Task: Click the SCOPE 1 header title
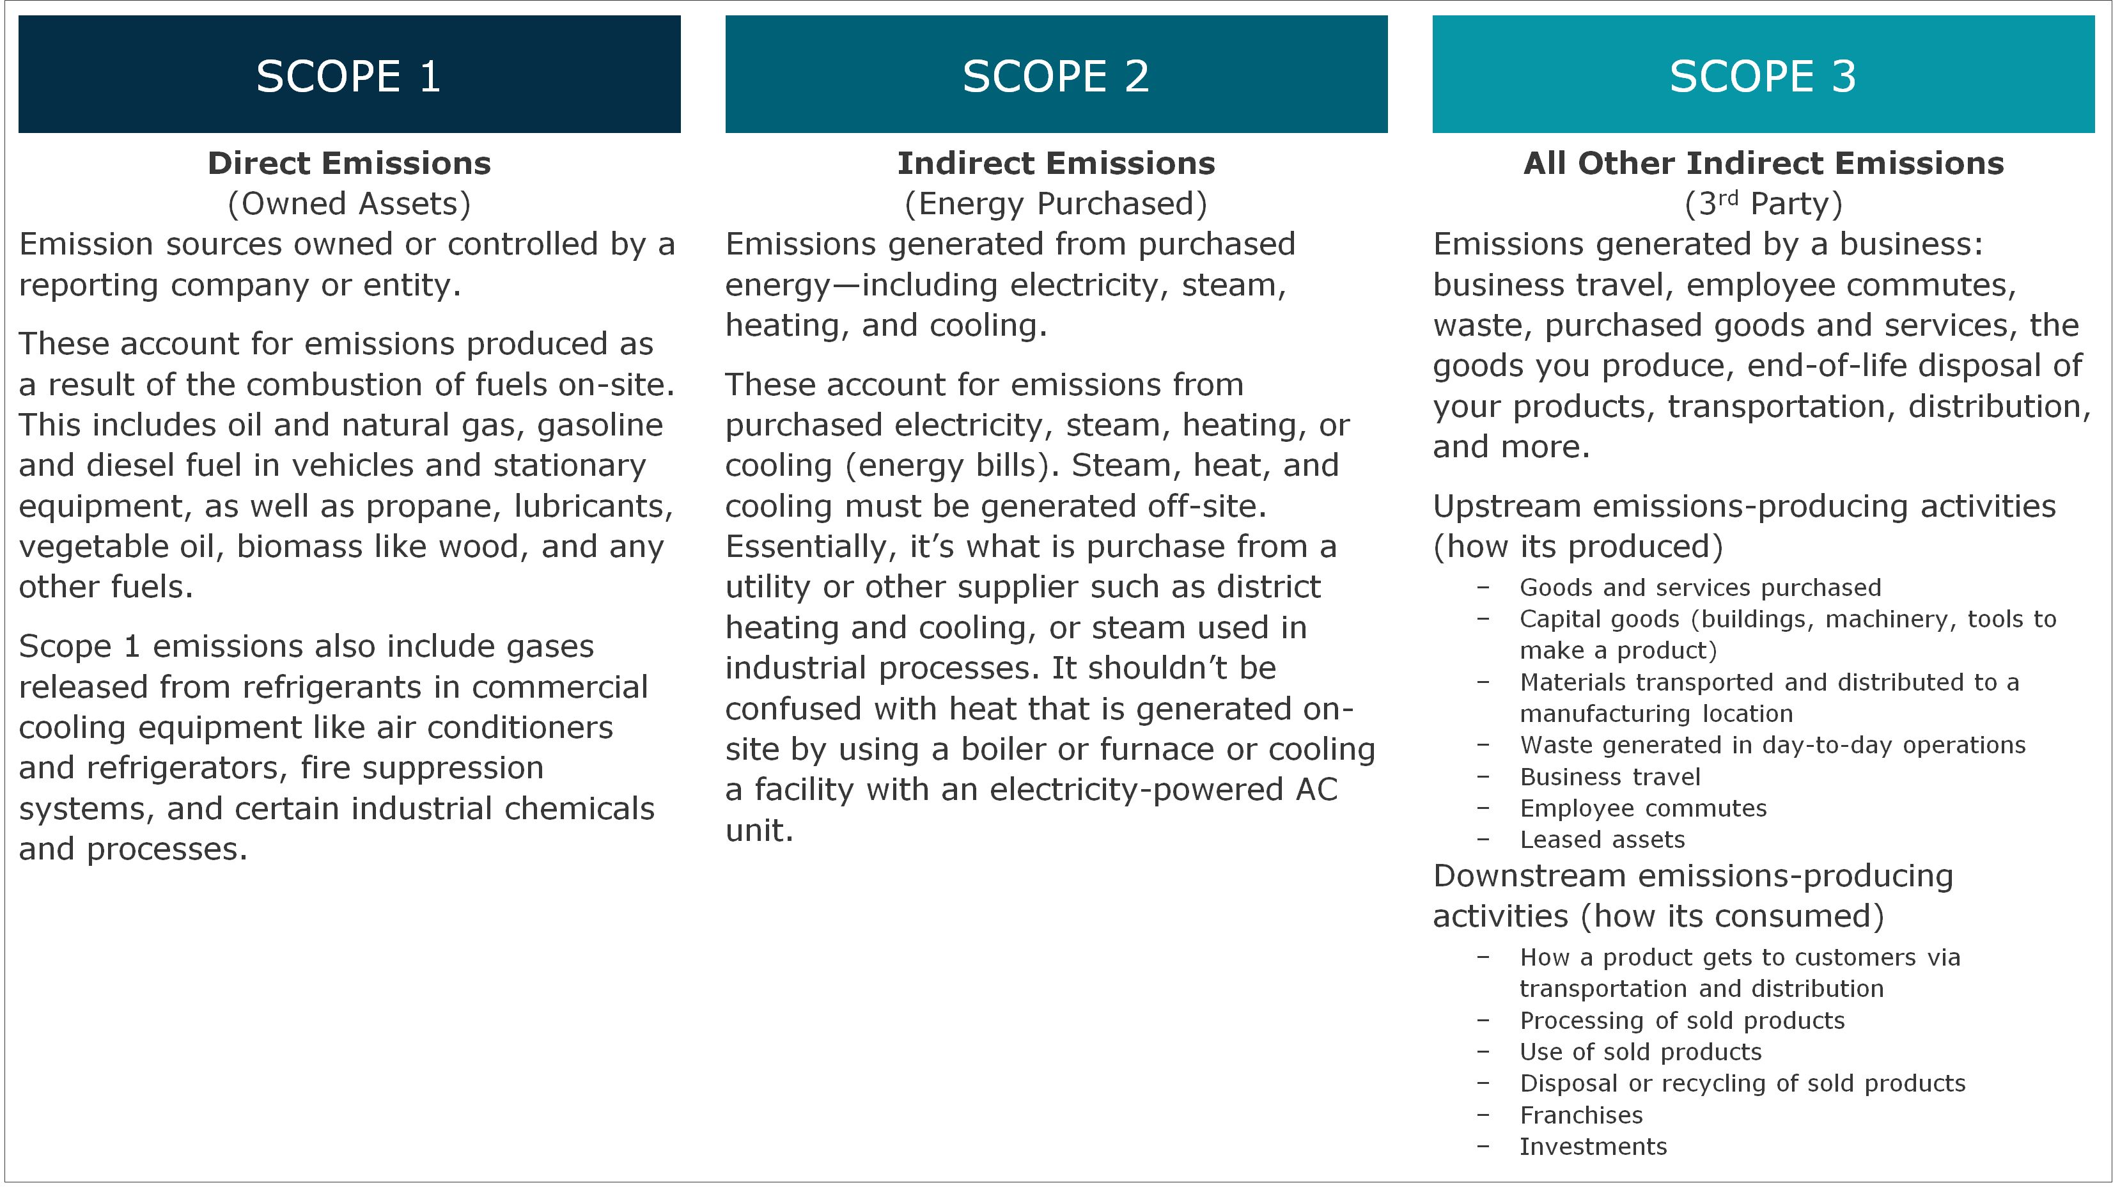[x=348, y=77]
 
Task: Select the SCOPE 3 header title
[x=1762, y=77]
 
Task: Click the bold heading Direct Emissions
[x=349, y=163]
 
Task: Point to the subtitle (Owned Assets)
[x=349, y=203]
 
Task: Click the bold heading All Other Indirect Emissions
[x=1763, y=163]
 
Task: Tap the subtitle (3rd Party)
[x=1763, y=203]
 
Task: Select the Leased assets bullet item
[x=1602, y=840]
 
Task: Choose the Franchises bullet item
[x=1581, y=1115]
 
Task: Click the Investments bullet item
[x=1593, y=1147]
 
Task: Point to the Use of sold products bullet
[x=1641, y=1052]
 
